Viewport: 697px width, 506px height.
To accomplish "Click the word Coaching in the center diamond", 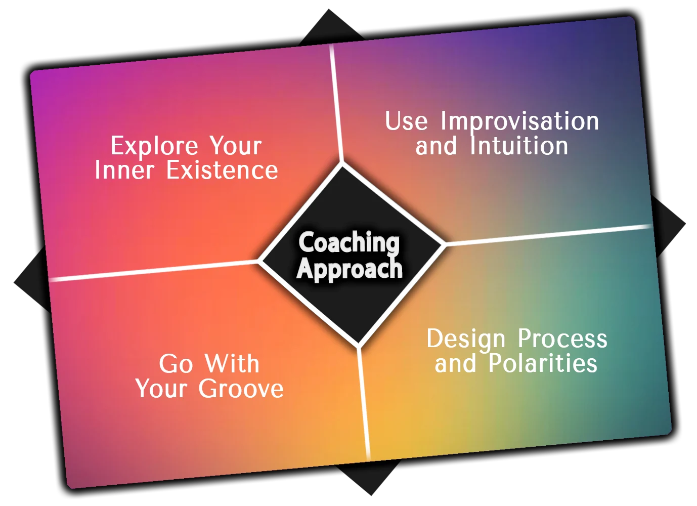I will click(349, 243).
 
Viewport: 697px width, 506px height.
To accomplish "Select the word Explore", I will click(154, 146).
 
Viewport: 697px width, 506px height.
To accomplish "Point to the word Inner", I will click(124, 170).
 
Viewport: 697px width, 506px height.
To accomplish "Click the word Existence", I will click(222, 170).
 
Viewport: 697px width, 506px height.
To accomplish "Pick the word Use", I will click(406, 121).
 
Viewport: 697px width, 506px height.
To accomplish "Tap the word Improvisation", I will click(519, 121).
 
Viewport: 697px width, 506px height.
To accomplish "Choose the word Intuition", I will click(519, 146).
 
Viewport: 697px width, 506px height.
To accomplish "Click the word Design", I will click(466, 340).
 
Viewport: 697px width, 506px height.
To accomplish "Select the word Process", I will click(562, 339).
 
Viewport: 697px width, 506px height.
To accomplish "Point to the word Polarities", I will click(543, 363).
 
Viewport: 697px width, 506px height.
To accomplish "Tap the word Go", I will click(176, 364).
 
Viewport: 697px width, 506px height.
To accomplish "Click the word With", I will click(232, 364).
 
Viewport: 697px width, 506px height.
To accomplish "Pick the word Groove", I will click(241, 389).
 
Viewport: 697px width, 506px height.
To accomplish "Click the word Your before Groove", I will click(161, 389).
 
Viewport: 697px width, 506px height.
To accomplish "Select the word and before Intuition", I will click(436, 146).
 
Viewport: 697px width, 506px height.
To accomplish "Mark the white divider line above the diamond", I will click(336, 101).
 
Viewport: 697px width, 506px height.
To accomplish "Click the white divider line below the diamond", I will click(364, 405).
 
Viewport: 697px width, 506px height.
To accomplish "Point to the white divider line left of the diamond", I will click(152, 271).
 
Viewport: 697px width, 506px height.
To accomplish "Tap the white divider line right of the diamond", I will click(546, 235).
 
